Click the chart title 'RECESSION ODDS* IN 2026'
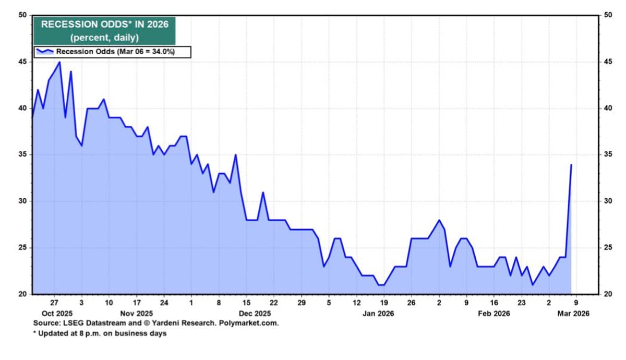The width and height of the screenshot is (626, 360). point(104,24)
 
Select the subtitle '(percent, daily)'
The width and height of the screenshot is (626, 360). point(104,38)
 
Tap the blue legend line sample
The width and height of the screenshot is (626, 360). point(45,51)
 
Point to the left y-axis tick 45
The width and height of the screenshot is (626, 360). point(22,62)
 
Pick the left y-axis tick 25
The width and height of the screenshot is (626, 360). point(22,248)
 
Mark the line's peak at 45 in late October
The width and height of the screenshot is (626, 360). point(59,62)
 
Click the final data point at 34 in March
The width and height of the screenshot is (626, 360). point(571,164)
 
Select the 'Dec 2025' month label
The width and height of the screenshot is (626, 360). point(255,314)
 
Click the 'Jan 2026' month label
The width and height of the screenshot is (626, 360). point(378,314)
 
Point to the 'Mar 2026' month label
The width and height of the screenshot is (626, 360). point(573,314)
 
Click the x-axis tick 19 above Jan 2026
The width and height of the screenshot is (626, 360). point(384,302)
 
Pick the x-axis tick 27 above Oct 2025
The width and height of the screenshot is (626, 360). point(54,302)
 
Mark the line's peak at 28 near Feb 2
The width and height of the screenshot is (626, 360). point(439,220)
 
